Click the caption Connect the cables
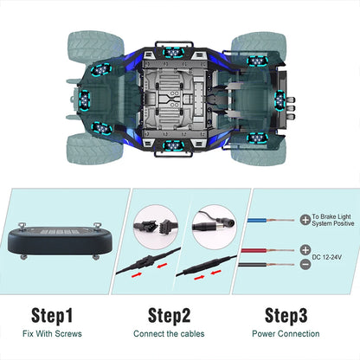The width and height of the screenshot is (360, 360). tap(170, 333)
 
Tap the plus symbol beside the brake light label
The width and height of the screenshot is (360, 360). tap(305, 222)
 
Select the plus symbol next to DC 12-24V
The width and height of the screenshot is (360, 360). tap(305, 249)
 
